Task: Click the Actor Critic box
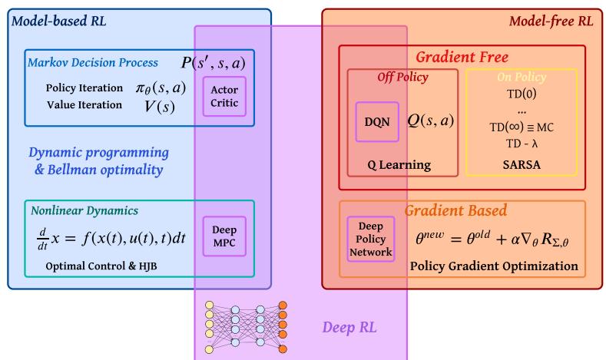tap(224, 96)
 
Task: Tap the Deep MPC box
tap(224, 235)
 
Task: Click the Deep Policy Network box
tap(371, 239)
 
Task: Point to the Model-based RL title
tap(58, 20)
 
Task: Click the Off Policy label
tap(402, 78)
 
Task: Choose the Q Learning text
tap(398, 165)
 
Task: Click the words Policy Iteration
tap(79, 88)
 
